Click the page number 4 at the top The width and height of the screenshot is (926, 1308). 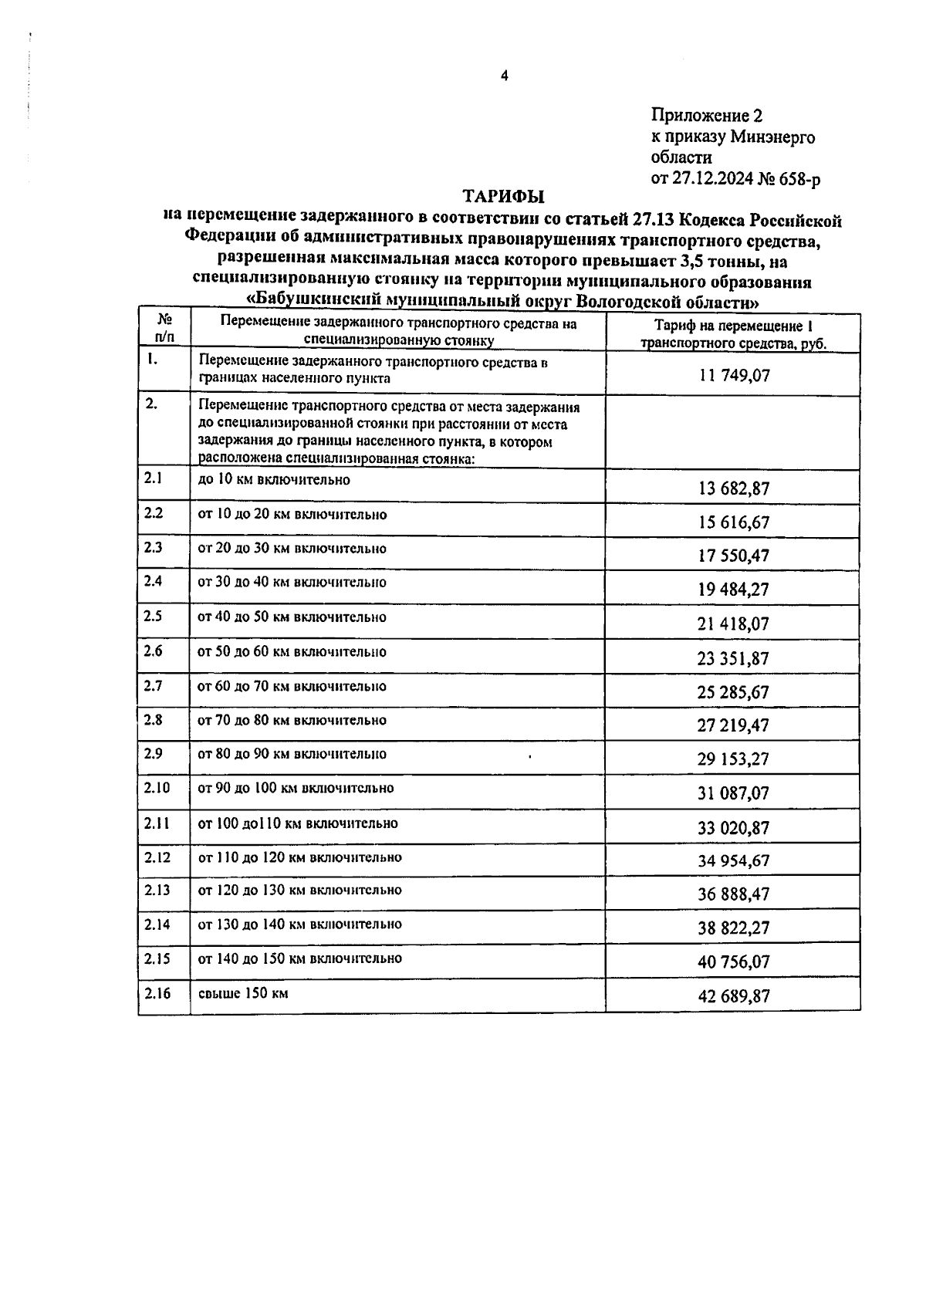[504, 76]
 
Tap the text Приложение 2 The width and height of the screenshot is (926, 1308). [706, 116]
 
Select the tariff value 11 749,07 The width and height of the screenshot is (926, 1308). [733, 377]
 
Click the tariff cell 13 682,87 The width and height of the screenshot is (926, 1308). [733, 488]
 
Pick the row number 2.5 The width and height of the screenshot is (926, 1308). [154, 617]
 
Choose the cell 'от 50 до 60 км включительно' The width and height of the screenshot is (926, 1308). [292, 652]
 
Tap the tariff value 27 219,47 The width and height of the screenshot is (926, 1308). [733, 725]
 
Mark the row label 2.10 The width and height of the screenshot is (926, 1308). [157, 788]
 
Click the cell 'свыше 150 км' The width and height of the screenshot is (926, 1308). [243, 993]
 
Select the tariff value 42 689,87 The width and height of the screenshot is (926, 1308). [733, 996]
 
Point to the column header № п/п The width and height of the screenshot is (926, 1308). [164, 327]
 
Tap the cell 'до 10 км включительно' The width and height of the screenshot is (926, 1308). [274, 480]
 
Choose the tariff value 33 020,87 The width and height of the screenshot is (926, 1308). [733, 828]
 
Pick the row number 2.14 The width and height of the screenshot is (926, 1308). [157, 924]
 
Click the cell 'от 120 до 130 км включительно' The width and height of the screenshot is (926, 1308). [299, 891]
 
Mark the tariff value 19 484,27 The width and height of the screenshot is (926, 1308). [733, 590]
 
